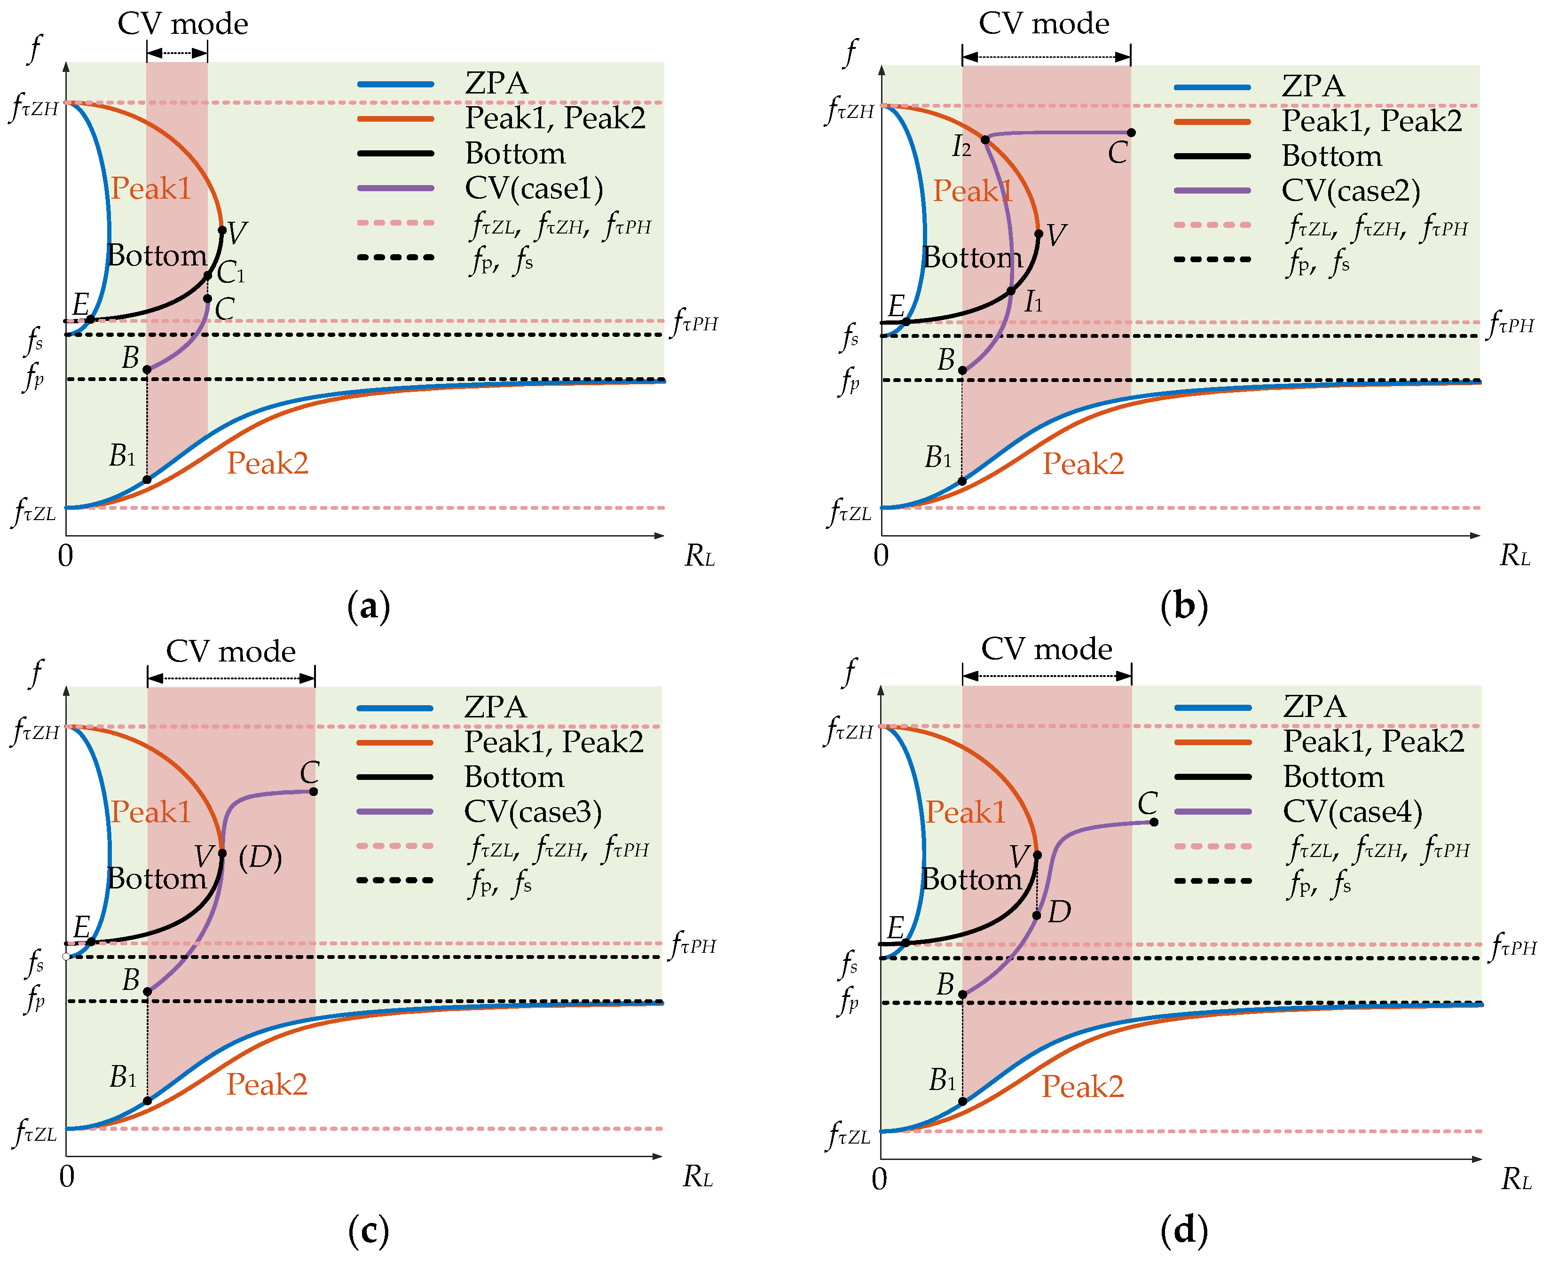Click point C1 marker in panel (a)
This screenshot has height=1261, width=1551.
(208, 275)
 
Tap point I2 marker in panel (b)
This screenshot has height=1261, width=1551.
(985, 140)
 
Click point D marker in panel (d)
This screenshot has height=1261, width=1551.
(1037, 915)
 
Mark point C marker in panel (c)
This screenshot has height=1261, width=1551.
(313, 792)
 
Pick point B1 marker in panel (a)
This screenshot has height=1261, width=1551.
(147, 479)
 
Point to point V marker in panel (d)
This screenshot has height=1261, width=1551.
(1037, 855)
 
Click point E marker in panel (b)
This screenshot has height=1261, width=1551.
(905, 321)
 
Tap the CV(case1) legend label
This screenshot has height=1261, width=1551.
(534, 188)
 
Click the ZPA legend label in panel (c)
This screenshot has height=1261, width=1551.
(496, 707)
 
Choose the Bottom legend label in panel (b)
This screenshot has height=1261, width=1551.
(1331, 156)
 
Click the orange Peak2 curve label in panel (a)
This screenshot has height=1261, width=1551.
(268, 463)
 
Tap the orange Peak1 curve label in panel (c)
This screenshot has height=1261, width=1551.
(150, 811)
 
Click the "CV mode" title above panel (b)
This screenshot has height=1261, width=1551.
(1044, 23)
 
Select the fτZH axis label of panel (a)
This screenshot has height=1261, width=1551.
(35, 108)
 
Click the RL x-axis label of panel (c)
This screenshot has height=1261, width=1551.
(698, 1177)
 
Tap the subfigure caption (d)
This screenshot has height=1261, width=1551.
(1184, 1230)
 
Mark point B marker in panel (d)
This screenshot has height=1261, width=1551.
(962, 995)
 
